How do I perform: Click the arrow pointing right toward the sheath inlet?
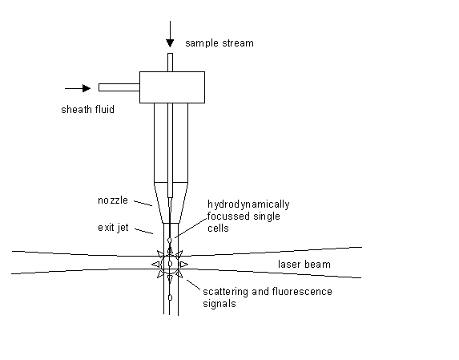click(79, 87)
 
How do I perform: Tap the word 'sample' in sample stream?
click(202, 42)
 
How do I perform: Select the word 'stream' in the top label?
click(238, 42)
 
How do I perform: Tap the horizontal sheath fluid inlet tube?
click(119, 87)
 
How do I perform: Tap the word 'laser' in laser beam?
click(289, 264)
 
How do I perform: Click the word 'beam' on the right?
click(318, 264)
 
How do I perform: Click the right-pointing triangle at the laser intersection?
click(184, 264)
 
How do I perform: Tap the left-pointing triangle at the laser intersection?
click(155, 264)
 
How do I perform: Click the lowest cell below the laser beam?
click(170, 297)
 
